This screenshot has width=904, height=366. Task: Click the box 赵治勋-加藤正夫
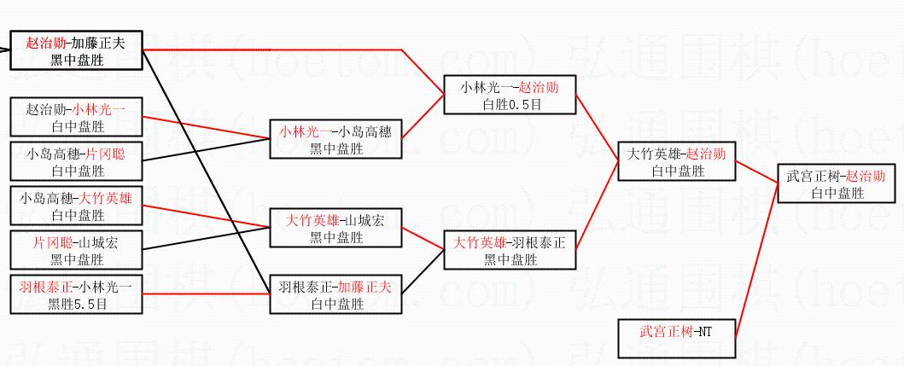click(76, 50)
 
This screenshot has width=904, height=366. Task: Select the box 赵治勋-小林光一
click(76, 117)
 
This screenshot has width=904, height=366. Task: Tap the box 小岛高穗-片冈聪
click(76, 161)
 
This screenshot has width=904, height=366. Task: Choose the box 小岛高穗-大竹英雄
click(76, 206)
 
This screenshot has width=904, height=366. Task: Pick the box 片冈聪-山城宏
click(76, 250)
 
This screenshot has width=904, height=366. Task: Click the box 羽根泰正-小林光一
click(76, 294)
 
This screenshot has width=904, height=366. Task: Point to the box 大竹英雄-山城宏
click(334, 228)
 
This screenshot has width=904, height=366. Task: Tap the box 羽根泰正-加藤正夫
click(334, 294)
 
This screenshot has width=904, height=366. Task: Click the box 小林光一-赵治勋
click(509, 95)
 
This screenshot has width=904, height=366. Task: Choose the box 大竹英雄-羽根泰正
click(509, 250)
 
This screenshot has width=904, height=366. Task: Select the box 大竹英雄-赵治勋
click(677, 161)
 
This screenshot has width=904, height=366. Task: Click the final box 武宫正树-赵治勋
click(837, 183)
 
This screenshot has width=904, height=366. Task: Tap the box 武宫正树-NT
click(677, 339)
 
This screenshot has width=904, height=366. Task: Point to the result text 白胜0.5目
click(509, 104)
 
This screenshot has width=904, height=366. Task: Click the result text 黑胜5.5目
click(76, 304)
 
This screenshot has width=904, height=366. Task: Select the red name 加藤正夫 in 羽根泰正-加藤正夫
click(365, 287)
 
